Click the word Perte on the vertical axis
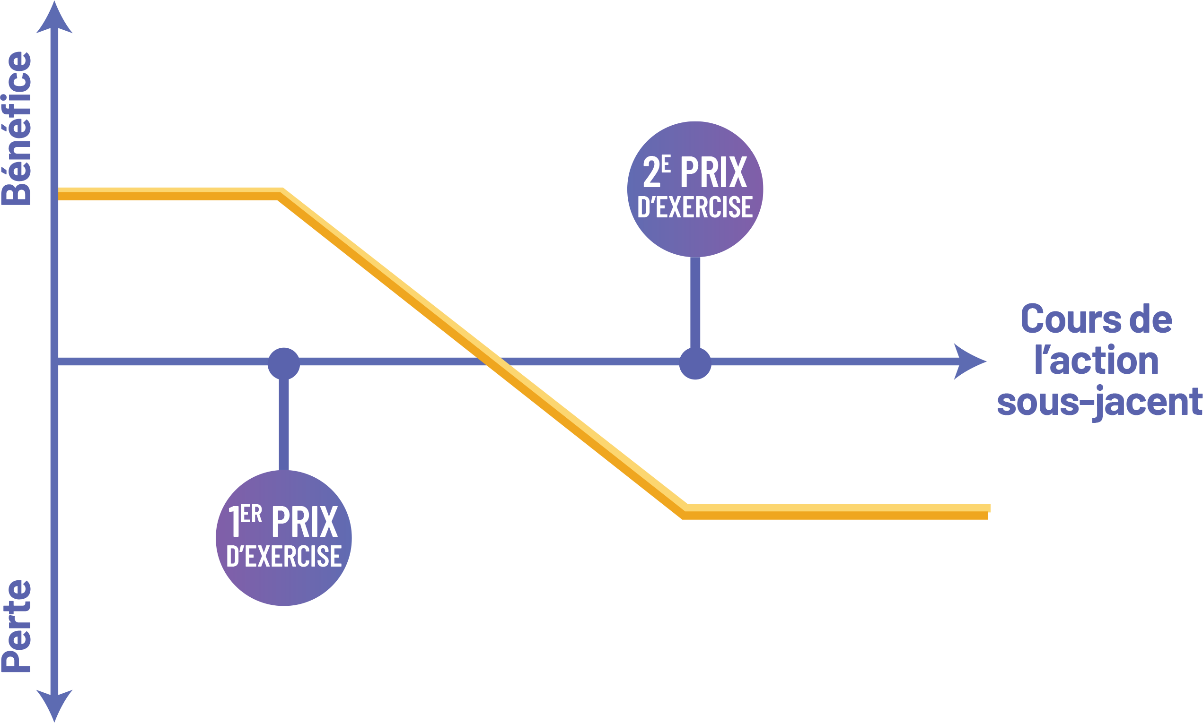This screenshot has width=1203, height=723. [x=17, y=626]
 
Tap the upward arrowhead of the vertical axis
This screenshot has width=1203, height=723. [x=54, y=19]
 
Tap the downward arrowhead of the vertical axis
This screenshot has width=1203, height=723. [x=54, y=704]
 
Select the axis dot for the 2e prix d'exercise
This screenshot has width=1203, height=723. [x=695, y=363]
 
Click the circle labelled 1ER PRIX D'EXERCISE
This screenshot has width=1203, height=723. [x=284, y=538]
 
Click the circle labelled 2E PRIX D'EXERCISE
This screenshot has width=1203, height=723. [x=695, y=189]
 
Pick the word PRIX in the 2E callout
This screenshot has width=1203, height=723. [x=713, y=172]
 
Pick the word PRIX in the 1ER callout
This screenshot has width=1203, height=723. [x=304, y=522]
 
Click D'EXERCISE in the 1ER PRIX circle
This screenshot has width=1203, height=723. [x=284, y=556]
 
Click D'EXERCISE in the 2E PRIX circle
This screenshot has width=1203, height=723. [x=695, y=207]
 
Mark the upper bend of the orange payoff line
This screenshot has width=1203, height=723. [x=281, y=193]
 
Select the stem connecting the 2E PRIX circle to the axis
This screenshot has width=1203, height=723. [x=696, y=302]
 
